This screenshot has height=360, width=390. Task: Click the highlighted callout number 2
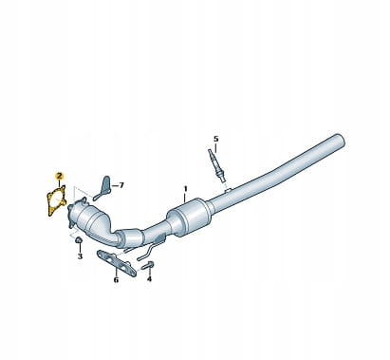point(59,176)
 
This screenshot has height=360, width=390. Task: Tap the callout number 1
point(186,189)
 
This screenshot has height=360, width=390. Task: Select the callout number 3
point(80,256)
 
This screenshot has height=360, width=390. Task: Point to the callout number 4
point(149,278)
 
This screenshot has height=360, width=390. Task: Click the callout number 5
point(215,139)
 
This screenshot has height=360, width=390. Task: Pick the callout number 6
point(116,280)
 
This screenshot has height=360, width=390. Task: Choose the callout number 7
point(121,185)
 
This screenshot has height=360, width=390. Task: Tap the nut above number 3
point(79,241)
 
